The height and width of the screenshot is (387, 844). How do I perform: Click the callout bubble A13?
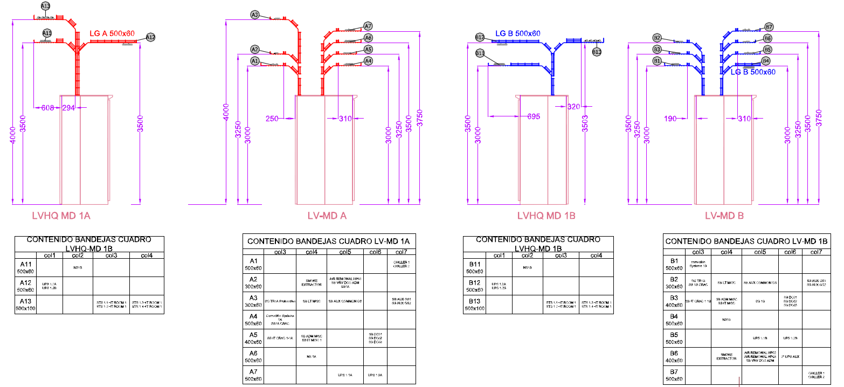45,6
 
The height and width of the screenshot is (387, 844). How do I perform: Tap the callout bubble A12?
150,37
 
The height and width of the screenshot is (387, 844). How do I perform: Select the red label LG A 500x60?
112,33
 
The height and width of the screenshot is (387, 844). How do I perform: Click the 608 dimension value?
48,108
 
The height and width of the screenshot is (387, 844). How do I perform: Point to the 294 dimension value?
68,108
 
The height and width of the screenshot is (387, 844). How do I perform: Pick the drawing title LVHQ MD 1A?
61,216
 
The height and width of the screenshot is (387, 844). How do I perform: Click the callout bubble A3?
255,15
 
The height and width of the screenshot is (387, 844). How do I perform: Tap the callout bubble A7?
368,26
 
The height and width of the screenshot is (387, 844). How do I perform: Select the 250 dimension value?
273,119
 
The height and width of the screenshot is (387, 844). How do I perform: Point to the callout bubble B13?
597,52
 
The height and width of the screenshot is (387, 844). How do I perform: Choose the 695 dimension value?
534,116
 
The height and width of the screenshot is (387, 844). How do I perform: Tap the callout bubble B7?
769,27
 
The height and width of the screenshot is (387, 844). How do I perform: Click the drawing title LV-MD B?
724,216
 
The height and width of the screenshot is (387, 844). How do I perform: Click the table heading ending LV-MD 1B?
746,241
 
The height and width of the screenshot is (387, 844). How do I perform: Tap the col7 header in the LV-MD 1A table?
401,252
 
